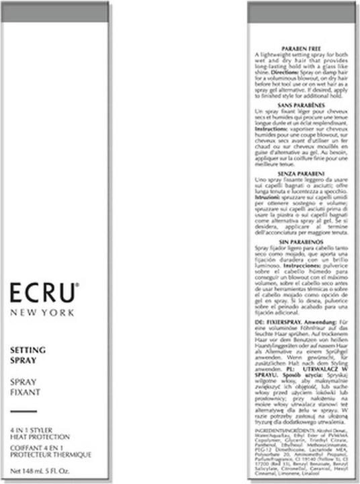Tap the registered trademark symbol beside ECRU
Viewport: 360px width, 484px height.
(79, 286)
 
